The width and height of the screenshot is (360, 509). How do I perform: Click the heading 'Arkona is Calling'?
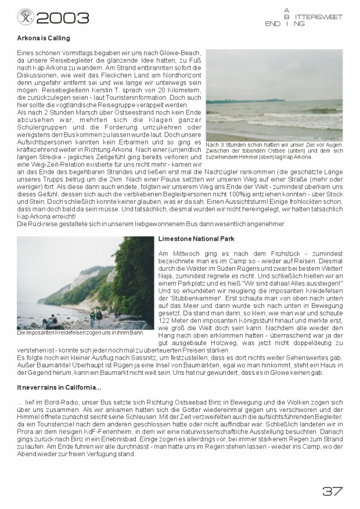tap(44, 38)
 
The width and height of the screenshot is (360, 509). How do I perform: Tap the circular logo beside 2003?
tap(25, 17)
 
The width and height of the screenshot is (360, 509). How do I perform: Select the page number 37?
tap(332, 491)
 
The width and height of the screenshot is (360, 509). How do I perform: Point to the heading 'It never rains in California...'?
tap(59, 387)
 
